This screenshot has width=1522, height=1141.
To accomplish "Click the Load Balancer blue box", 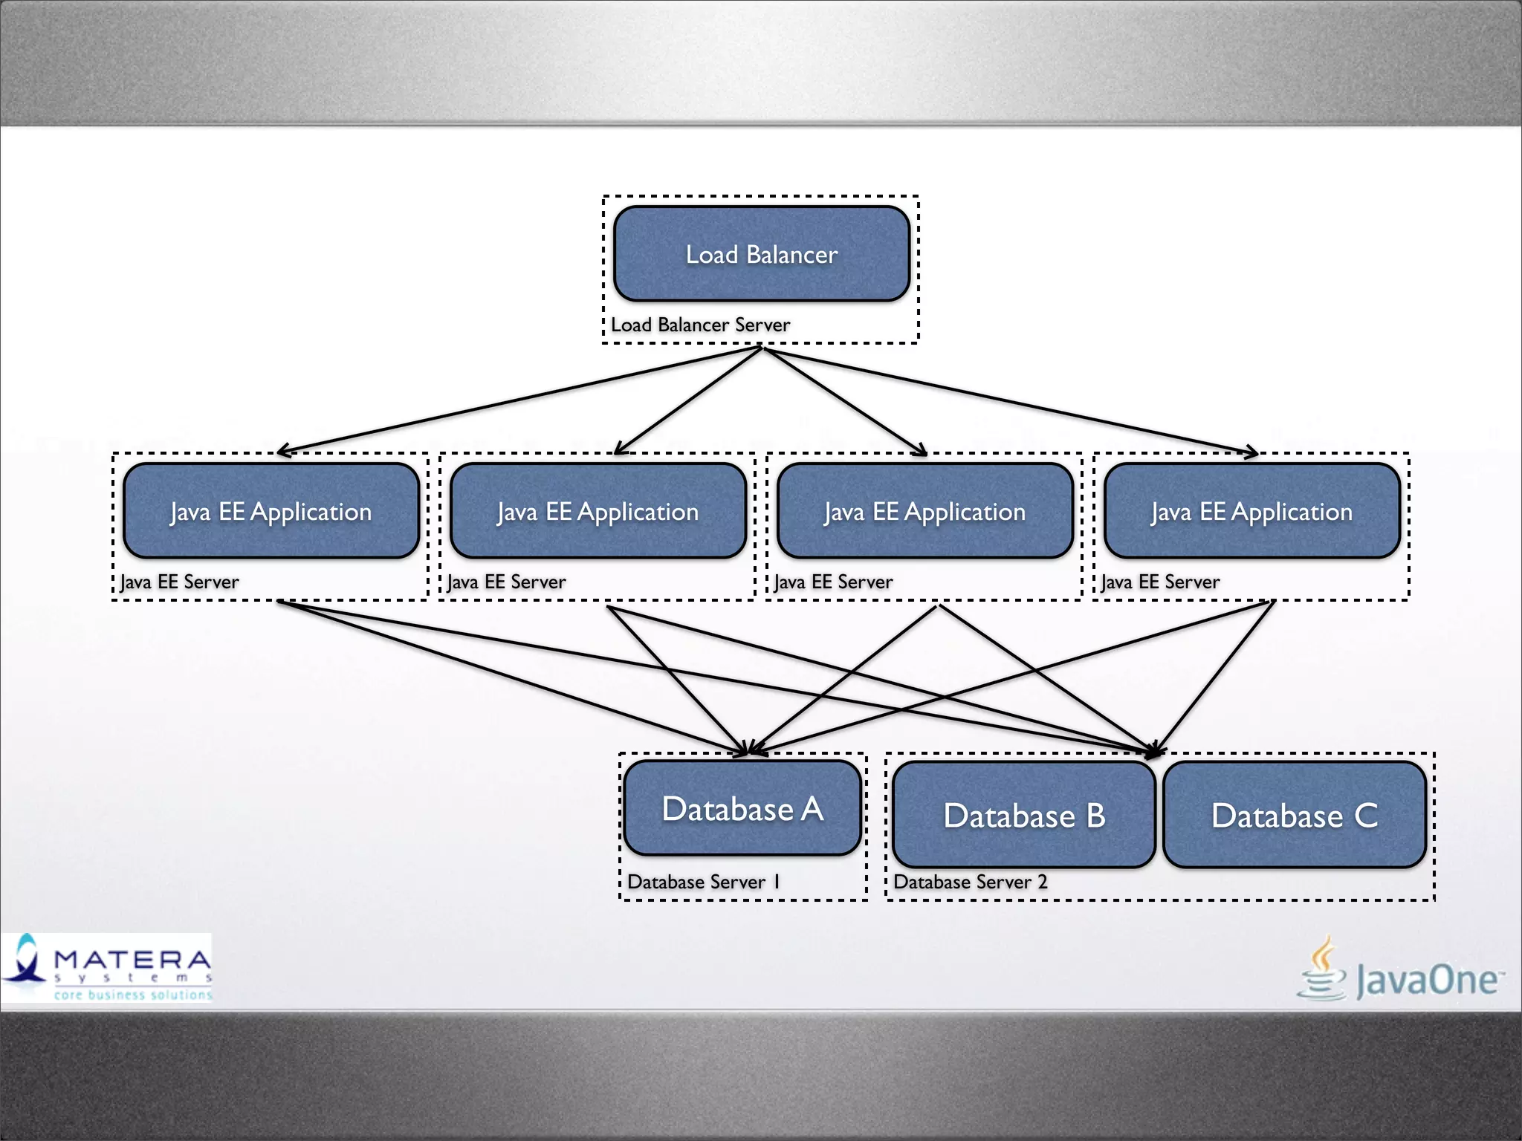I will pyautogui.click(x=761, y=254).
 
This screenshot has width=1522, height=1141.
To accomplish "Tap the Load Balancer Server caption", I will pyautogui.click(x=700, y=325).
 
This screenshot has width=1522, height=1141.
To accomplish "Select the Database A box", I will pyautogui.click(x=742, y=808).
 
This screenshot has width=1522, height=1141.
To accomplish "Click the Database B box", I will pyautogui.click(x=1024, y=816).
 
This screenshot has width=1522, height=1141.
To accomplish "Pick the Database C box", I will pyautogui.click(x=1295, y=816).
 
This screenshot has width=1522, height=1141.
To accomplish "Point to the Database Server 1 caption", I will pyautogui.click(x=703, y=882).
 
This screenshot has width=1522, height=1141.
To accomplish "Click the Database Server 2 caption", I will pyautogui.click(x=970, y=882).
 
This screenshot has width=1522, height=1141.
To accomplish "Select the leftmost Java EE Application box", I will pyautogui.click(x=271, y=511).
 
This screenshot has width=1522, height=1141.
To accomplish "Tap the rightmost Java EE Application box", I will pyautogui.click(x=1252, y=511).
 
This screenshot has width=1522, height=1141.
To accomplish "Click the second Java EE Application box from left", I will pyautogui.click(x=598, y=511).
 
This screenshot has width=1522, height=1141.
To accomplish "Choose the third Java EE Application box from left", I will pyautogui.click(x=925, y=511).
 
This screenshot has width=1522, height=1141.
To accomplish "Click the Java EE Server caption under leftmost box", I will pyautogui.click(x=179, y=582).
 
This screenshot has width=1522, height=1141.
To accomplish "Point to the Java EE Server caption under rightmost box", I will pyautogui.click(x=1160, y=582).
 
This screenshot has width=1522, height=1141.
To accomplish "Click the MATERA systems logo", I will pyautogui.click(x=107, y=968).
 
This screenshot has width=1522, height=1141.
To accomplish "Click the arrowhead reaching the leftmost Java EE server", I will pyautogui.click(x=282, y=450).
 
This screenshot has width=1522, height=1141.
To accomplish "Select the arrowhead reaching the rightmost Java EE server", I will pyautogui.click(x=1253, y=452).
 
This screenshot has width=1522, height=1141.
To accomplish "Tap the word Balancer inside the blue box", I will pyautogui.click(x=791, y=255).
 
